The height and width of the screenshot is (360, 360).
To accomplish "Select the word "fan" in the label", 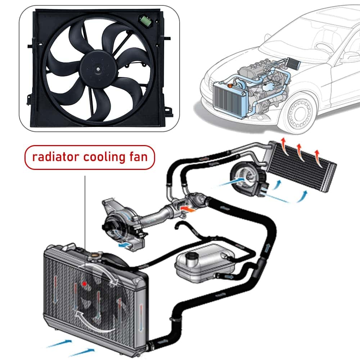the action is tap(138, 157).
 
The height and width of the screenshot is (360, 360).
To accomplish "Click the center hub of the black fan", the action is tap(98, 68).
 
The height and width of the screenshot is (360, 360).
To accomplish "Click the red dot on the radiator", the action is tap(85, 284).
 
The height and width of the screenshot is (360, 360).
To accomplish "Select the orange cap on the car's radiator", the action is tap(230, 86).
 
